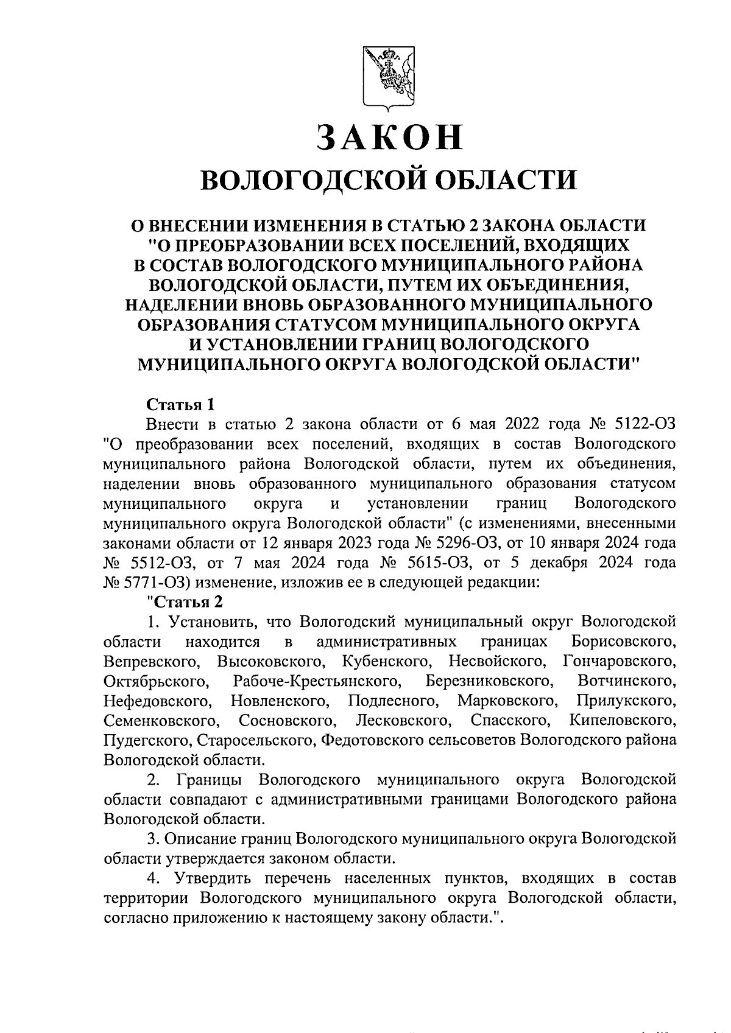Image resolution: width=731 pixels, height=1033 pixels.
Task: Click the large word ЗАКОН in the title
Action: (389, 136)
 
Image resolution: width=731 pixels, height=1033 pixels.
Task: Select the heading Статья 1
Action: (180, 404)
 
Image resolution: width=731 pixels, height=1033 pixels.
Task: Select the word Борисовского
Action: (624, 642)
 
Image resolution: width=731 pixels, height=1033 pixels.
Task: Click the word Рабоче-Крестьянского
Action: (317, 681)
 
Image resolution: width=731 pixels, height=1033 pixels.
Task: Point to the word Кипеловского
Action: (623, 720)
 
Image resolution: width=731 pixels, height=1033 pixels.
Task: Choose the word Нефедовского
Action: (158, 701)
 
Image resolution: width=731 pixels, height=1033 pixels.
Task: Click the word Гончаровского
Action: (620, 661)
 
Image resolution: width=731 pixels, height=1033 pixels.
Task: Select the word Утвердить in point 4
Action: (214, 878)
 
